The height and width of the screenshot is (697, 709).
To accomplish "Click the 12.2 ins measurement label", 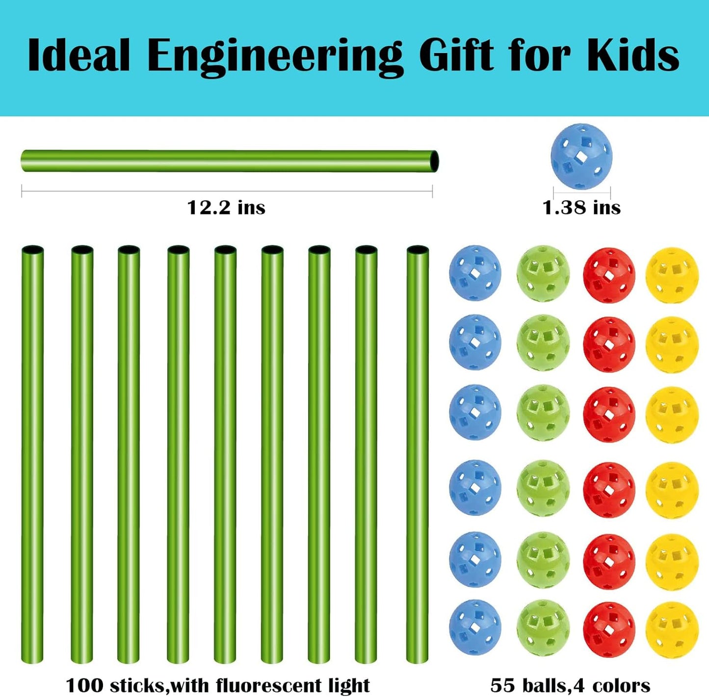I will tap(226, 208).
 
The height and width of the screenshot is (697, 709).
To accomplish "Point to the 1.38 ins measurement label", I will tap(581, 208).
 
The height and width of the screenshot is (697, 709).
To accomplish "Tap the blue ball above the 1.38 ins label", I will tap(581, 156).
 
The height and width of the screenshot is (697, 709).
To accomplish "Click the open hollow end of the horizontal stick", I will tap(434, 161).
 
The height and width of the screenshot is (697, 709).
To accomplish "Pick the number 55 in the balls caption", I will tap(501, 685).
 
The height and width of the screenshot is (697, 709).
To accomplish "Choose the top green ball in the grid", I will tap(543, 273).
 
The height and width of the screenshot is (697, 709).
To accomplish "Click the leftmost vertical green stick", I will tap(32, 454).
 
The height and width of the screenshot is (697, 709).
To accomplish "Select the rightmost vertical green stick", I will tap(418, 454).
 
